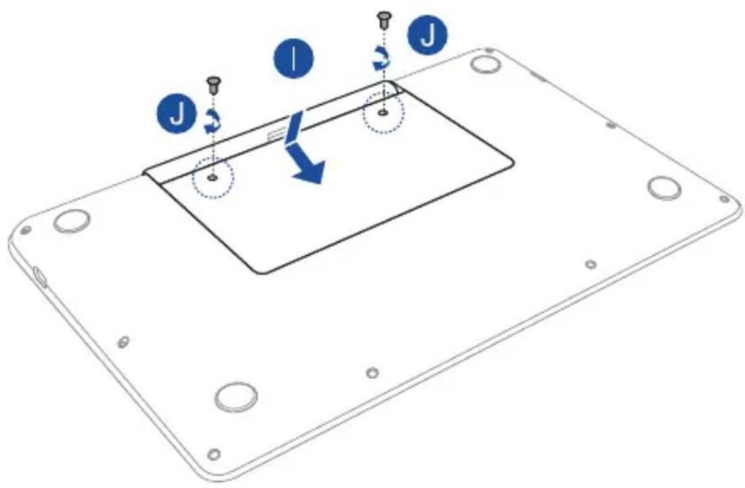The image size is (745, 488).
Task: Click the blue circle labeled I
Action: (293, 60)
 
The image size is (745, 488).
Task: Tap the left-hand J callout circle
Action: (177, 114)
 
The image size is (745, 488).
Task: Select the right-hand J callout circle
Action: (428, 35)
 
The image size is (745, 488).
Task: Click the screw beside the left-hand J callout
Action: (213, 85)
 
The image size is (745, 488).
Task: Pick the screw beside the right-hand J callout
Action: (384, 21)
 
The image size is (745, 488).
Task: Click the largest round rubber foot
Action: (237, 397)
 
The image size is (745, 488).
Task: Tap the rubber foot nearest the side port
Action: (71, 221)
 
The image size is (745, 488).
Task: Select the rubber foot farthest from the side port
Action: (664, 188)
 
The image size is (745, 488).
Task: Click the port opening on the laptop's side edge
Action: (39, 277)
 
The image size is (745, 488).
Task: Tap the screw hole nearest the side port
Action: (26, 230)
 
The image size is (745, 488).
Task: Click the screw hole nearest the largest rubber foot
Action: (215, 453)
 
